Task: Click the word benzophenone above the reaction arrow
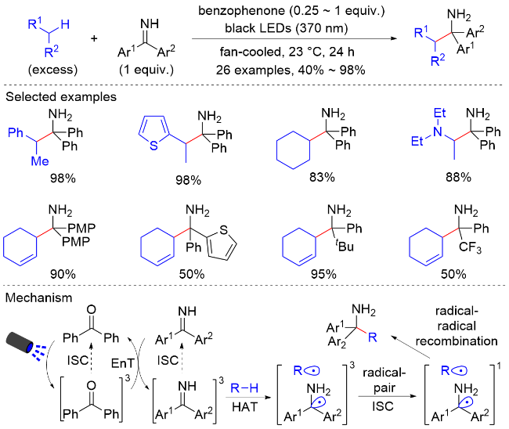[241, 11]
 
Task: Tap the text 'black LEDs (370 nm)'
[287, 28]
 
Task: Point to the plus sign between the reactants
[94, 38]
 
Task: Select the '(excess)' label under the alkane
[53, 70]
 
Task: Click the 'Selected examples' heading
[61, 97]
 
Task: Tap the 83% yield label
[322, 177]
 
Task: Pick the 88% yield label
[458, 177]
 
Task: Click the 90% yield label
[63, 274]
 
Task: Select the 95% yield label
[323, 274]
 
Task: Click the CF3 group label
[470, 248]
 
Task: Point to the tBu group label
[345, 246]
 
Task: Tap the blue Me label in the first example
[40, 161]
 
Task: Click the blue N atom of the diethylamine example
[438, 132]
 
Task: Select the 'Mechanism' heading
[38, 297]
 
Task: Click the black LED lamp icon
[20, 343]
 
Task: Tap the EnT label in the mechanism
[122, 363]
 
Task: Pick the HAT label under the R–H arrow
[245, 406]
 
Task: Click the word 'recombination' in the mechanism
[457, 341]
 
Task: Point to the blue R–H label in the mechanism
[244, 388]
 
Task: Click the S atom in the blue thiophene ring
[153, 146]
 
